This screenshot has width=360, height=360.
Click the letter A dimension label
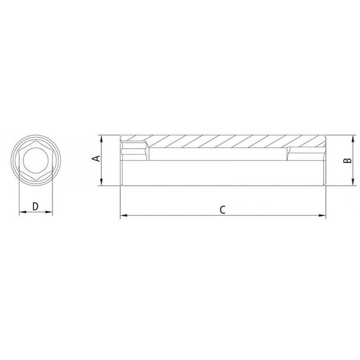point(94,158)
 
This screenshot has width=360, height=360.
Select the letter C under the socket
point(222,209)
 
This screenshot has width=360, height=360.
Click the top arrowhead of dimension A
point(103,138)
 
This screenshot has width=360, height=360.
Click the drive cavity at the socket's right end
point(306,154)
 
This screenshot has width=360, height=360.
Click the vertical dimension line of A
point(103,171)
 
